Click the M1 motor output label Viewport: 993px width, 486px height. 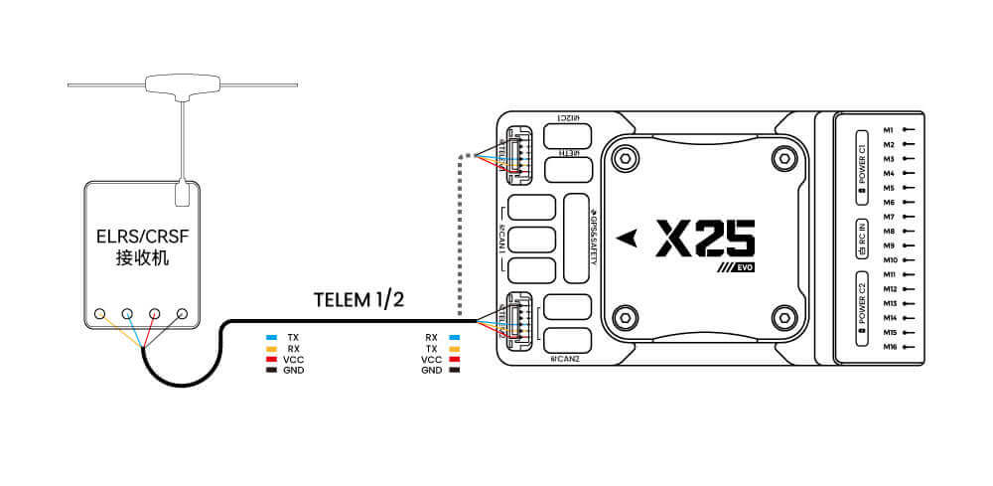pos(889,129)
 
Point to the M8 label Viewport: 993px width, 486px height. pos(889,231)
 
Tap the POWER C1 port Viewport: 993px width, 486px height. pos(861,162)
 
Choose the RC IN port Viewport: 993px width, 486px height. pos(861,239)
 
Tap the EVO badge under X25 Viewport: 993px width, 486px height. pos(740,269)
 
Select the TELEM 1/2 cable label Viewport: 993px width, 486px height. pos(356,299)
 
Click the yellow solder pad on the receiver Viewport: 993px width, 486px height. pos(100,314)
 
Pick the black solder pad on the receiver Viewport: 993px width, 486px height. pos(182,314)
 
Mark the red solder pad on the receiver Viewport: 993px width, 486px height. pos(155,314)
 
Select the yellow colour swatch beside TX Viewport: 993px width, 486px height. pos(455,349)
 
